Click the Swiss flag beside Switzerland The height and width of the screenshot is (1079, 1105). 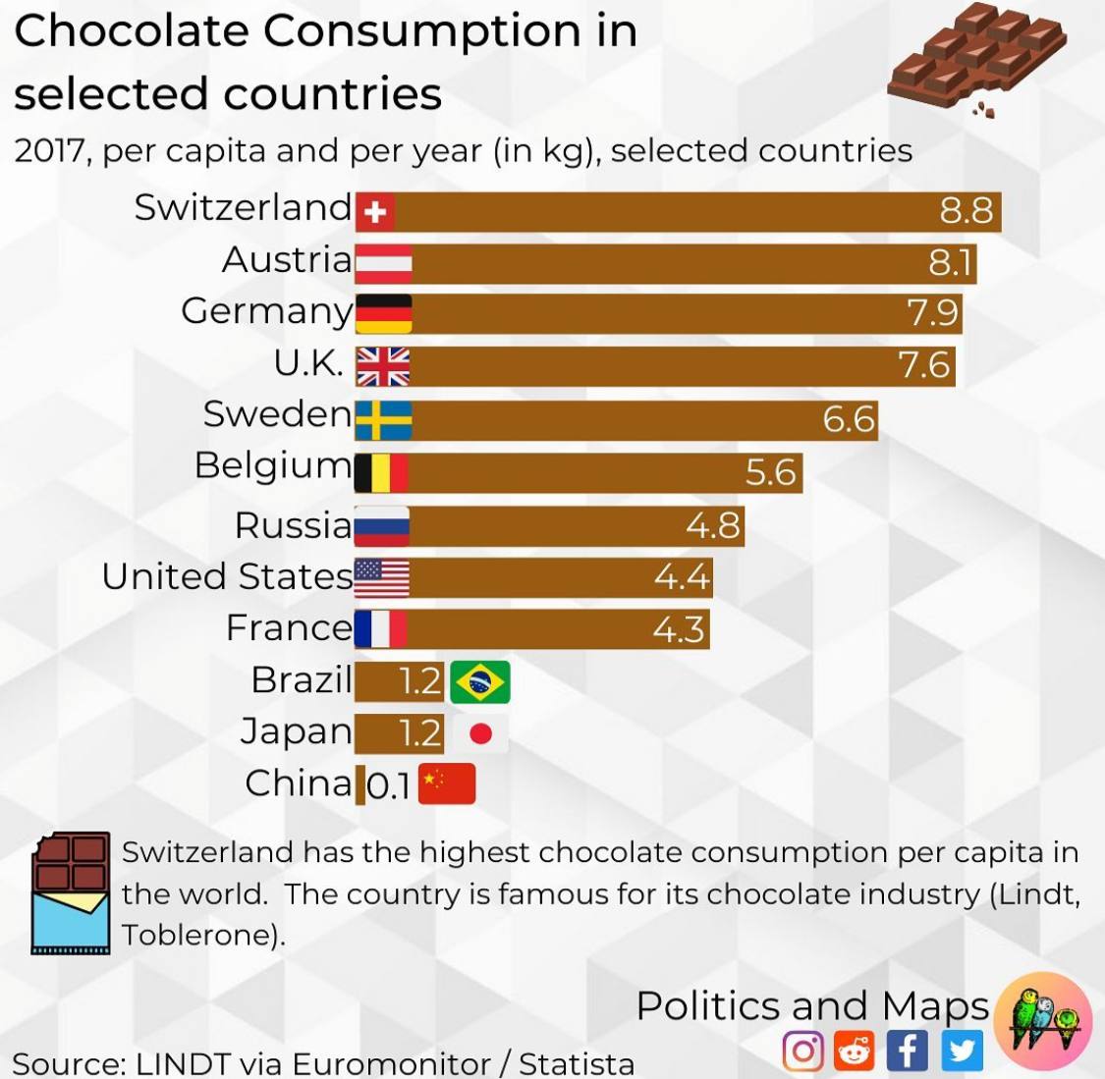(374, 211)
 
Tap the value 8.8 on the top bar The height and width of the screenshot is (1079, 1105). (966, 210)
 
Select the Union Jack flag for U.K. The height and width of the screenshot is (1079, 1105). (382, 366)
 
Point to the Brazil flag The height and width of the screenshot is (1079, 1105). (480, 682)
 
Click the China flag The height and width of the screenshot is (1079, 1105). (447, 783)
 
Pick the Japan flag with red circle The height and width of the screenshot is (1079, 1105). (480, 733)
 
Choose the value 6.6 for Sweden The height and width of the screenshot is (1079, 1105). (848, 419)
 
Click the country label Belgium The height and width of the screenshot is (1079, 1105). (272, 465)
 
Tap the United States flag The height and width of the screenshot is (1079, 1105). (381, 577)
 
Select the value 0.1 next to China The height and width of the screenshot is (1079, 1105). (388, 786)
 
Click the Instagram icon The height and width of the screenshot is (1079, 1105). (802, 1051)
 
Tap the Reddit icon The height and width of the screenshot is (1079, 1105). (855, 1051)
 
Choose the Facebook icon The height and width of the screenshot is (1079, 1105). (907, 1051)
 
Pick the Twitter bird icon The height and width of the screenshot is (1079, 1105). (962, 1051)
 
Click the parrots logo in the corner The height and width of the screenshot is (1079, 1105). (1042, 1021)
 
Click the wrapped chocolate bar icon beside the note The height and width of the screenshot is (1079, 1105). (70, 892)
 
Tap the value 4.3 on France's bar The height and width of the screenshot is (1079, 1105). (679, 629)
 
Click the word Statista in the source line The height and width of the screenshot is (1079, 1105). (577, 1063)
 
